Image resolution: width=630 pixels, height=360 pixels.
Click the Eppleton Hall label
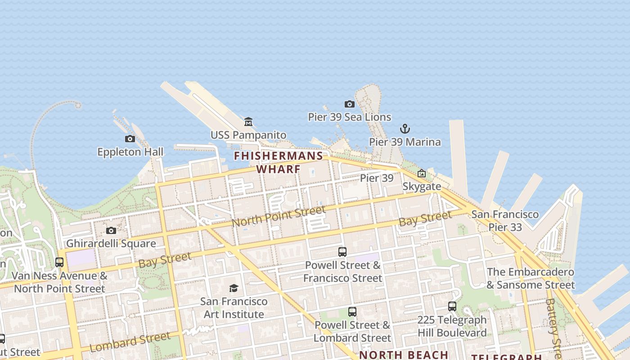(130, 152)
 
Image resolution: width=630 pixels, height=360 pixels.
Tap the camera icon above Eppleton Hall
(130, 139)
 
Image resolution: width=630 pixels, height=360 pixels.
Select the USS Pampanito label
(248, 135)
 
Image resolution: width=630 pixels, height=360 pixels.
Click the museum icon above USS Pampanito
(248, 122)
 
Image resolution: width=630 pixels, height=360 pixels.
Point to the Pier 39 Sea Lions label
(350, 117)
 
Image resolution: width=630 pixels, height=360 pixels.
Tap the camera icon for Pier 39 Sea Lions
(350, 104)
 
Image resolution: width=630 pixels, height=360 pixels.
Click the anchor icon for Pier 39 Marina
(405, 129)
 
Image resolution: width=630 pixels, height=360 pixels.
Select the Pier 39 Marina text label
(405, 142)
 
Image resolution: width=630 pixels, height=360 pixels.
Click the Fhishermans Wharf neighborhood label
(279, 162)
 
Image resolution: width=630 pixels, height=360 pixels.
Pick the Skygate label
(422, 186)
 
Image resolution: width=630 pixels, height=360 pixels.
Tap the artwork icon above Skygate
(422, 173)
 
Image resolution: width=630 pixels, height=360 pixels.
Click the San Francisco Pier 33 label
(505, 220)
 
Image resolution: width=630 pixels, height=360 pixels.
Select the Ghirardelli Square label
(111, 243)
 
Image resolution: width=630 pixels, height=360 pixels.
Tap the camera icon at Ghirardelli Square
(111, 231)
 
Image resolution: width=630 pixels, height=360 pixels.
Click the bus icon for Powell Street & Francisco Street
(342, 252)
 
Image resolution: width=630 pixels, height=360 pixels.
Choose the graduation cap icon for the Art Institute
(234, 288)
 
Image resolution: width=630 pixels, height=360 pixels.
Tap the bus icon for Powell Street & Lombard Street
(352, 311)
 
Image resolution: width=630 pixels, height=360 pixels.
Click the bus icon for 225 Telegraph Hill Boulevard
(452, 306)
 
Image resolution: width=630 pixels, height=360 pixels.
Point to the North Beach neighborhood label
(404, 355)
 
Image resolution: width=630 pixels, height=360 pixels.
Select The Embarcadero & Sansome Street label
(531, 278)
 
